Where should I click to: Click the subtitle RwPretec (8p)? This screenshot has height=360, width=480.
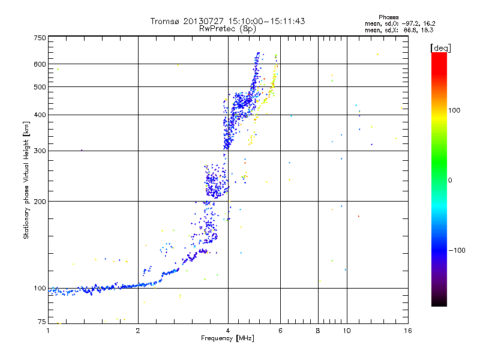pyautogui.click(x=227, y=29)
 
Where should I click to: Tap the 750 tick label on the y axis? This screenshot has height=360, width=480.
pyautogui.click(x=40, y=38)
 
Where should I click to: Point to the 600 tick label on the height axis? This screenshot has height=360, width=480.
pyautogui.click(x=40, y=64)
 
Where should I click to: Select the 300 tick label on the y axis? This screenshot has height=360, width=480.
pyautogui.click(x=40, y=151)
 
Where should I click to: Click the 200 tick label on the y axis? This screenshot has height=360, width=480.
pyautogui.click(x=40, y=202)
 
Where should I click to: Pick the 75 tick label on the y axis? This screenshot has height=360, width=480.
pyautogui.click(x=42, y=322)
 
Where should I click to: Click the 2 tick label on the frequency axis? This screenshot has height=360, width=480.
pyautogui.click(x=138, y=331)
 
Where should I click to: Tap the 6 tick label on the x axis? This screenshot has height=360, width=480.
pyautogui.click(x=280, y=331)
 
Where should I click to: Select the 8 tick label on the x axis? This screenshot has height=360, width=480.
pyautogui.click(x=318, y=331)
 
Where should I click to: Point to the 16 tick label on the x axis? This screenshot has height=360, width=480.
pyautogui.click(x=408, y=331)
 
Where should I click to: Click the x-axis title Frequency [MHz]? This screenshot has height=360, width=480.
pyautogui.click(x=227, y=338)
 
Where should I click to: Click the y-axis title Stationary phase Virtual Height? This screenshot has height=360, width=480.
pyautogui.click(x=26, y=180)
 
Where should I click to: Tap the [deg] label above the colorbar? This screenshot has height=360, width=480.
pyautogui.click(x=440, y=48)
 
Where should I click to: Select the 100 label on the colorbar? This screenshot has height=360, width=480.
pyautogui.click(x=454, y=110)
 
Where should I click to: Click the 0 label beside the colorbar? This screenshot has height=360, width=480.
pyautogui.click(x=450, y=180)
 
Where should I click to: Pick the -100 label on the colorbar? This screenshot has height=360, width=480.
pyautogui.click(x=457, y=250)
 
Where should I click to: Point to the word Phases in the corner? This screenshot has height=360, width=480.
pyautogui.click(x=388, y=17)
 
